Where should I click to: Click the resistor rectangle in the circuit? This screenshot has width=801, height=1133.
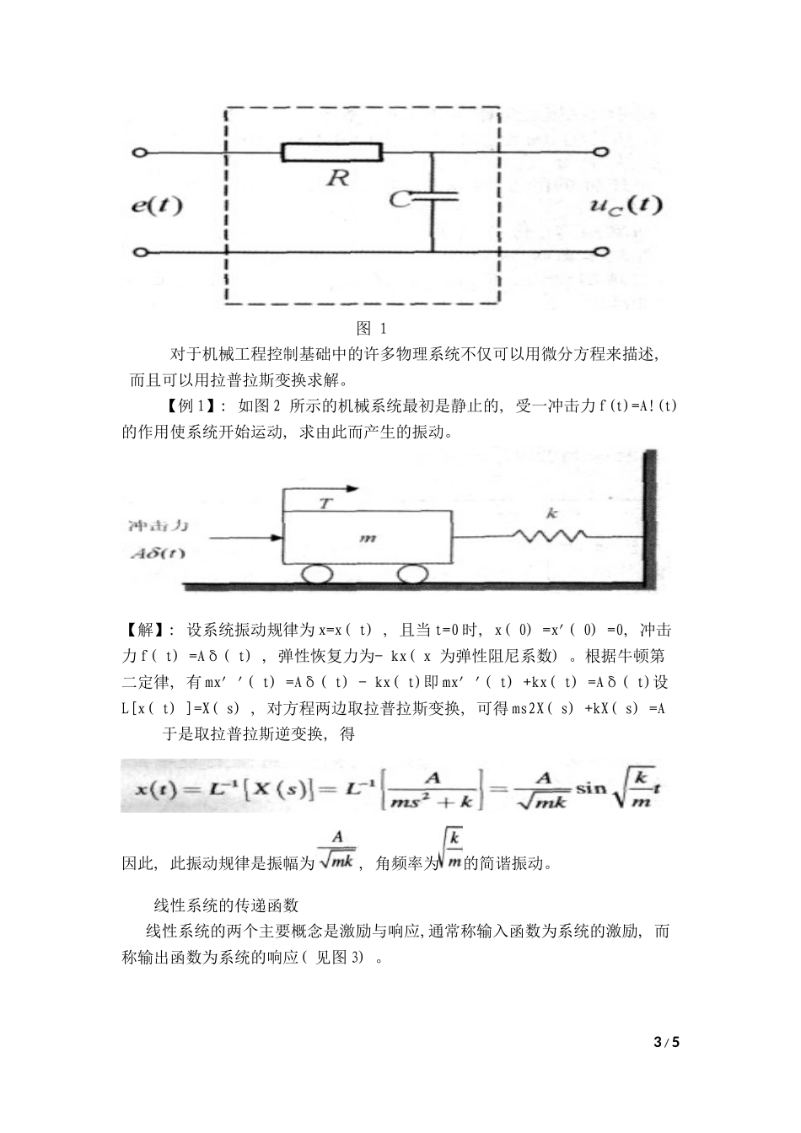(331, 153)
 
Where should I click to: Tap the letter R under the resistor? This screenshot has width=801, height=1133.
(338, 179)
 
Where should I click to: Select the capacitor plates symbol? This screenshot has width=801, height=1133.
(433, 196)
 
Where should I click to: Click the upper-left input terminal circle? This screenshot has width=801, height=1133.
(141, 153)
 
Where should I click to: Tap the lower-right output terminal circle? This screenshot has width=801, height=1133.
(601, 251)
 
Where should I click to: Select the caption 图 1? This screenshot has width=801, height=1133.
(371, 328)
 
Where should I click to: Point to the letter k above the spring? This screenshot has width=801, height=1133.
(552, 513)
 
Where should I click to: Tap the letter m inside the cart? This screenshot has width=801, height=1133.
(367, 538)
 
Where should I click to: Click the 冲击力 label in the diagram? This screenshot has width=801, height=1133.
(158, 526)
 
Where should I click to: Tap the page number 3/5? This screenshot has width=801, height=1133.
(666, 1042)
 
